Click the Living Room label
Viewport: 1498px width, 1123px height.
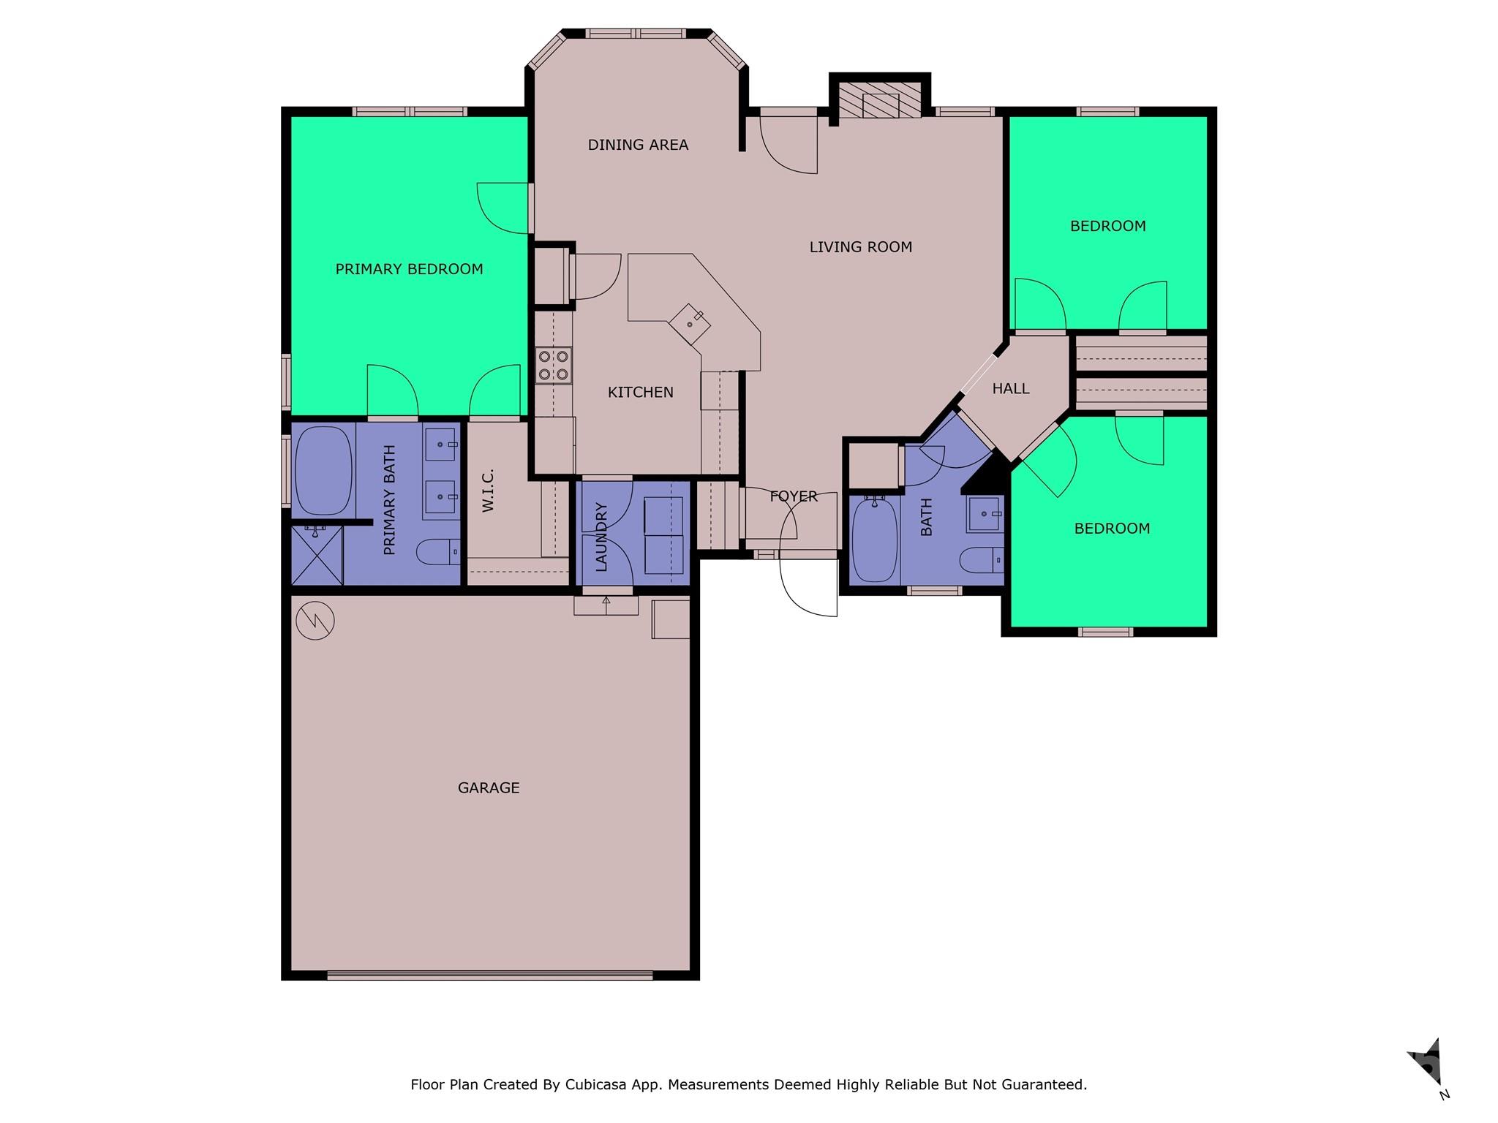point(860,247)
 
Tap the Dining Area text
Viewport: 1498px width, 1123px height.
point(638,145)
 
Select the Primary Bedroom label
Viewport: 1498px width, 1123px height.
point(409,269)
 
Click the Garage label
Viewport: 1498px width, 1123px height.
point(489,787)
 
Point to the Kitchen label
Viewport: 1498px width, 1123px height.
point(640,392)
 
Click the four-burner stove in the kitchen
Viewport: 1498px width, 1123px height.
point(554,366)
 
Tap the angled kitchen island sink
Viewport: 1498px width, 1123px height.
point(690,324)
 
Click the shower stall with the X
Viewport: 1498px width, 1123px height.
point(317,555)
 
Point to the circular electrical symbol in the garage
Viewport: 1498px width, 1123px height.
point(315,621)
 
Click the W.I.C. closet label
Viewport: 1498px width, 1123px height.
point(489,490)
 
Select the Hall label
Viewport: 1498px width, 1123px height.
point(1011,389)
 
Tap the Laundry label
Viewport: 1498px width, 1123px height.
point(601,537)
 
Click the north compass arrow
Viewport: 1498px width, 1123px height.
point(1427,1062)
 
